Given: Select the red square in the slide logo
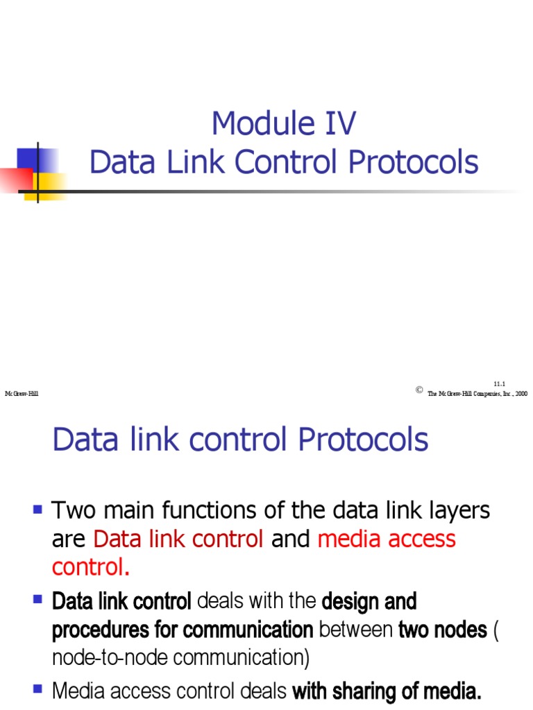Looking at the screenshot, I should pyautogui.click(x=15, y=180).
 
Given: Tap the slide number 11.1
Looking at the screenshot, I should pyautogui.click(x=500, y=383).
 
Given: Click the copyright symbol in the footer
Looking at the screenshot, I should pyautogui.click(x=419, y=390).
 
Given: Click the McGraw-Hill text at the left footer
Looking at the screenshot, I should pyautogui.click(x=22, y=393).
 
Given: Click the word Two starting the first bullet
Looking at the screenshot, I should pyautogui.click(x=74, y=512).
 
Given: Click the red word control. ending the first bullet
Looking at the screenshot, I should pyautogui.click(x=91, y=567).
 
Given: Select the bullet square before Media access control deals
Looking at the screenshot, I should pyautogui.click(x=38, y=690).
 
